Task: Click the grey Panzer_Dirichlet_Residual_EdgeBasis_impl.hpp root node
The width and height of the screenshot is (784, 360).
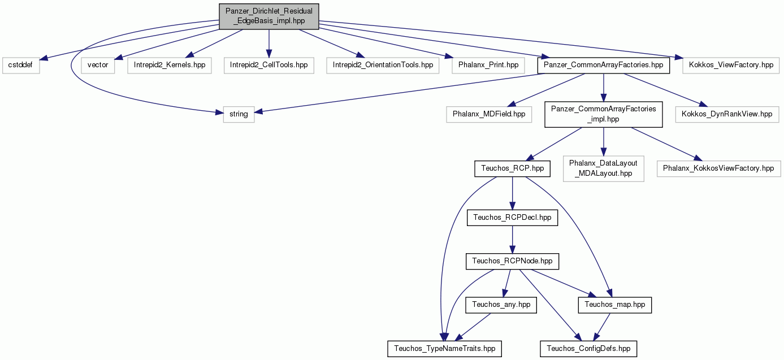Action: pos(269,16)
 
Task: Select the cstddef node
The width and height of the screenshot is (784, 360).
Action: pos(21,65)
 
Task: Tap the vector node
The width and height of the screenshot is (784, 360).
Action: pos(98,65)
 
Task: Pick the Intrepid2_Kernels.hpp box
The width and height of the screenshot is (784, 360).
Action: pos(170,65)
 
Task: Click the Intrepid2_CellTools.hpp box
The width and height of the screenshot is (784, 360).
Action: pos(269,65)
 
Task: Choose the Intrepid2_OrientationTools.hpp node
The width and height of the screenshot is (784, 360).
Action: pos(383,65)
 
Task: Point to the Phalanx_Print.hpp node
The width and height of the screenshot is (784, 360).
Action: pos(488,65)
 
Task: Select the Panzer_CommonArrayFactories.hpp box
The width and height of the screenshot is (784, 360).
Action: pos(603,65)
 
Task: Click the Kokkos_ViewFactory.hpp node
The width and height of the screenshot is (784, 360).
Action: pos(731,65)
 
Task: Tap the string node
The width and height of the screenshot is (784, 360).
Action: pos(239,114)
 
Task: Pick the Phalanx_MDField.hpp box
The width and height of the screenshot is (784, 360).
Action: pos(489,114)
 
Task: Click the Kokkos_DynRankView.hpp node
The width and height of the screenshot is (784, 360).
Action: pos(727,114)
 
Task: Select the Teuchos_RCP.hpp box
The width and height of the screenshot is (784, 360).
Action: pos(513,168)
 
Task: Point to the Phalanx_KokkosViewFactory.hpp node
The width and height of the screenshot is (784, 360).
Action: pos(718,168)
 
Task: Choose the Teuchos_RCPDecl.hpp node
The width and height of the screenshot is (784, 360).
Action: pos(513,218)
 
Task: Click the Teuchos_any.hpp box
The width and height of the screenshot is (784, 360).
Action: pos(501,305)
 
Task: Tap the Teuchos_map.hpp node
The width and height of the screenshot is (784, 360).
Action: pos(614,305)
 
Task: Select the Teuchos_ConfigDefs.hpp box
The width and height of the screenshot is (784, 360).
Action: pos(588,349)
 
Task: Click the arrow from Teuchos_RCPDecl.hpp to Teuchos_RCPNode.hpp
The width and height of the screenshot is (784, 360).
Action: pos(513,240)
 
